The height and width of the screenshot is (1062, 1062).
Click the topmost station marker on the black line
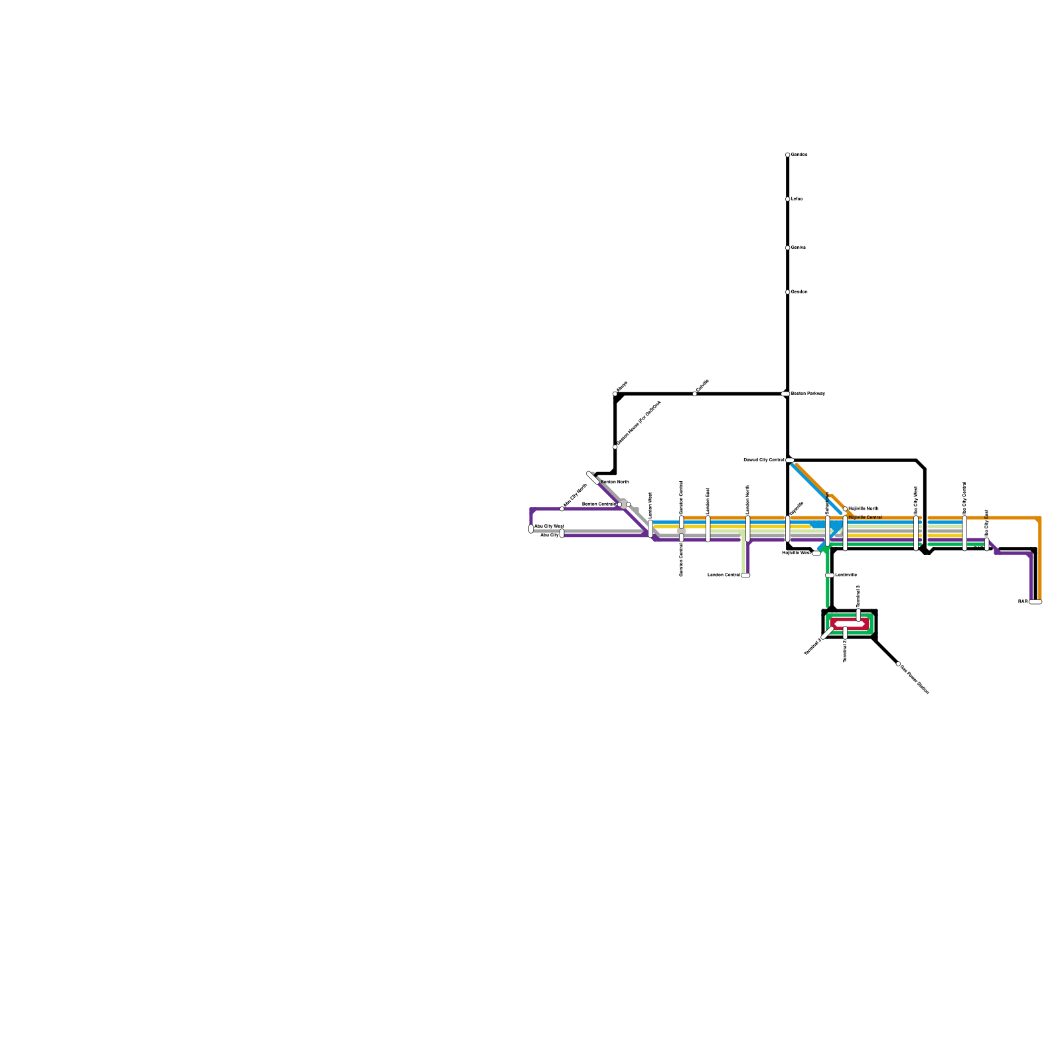(x=788, y=155)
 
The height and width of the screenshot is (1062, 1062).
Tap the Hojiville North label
(x=864, y=508)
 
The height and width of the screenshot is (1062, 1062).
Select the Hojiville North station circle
(x=845, y=509)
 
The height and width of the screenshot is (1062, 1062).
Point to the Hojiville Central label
(x=866, y=517)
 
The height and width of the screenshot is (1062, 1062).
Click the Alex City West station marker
(x=531, y=529)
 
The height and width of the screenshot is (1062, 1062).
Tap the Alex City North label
(x=575, y=495)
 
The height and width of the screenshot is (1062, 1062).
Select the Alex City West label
(x=549, y=526)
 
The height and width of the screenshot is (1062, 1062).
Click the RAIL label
(x=1023, y=602)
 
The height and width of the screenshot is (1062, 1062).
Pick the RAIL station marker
(x=1035, y=602)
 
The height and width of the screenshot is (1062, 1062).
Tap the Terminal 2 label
(x=845, y=651)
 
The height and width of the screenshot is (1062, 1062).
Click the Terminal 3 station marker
(x=858, y=615)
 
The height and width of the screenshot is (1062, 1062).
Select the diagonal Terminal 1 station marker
(x=828, y=634)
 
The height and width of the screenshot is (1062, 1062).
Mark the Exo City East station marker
(x=987, y=544)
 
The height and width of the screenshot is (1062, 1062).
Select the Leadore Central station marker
(x=745, y=575)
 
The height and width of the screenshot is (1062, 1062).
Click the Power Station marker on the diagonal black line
(x=898, y=664)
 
